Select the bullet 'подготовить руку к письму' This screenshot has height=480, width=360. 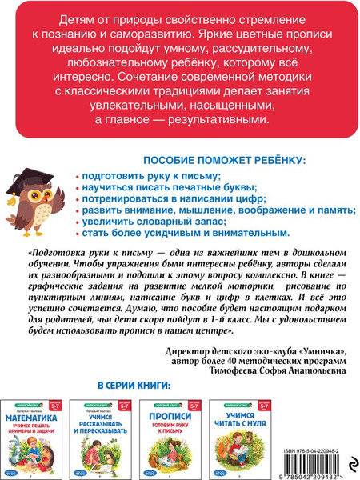coord(150,174)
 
